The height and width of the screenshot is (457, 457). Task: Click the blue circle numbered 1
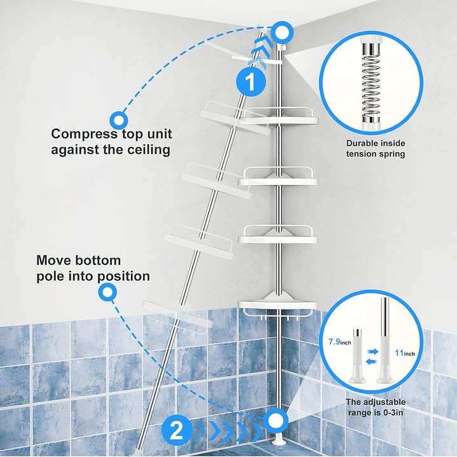point(250,83)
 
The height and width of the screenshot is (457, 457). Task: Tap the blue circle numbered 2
point(177,432)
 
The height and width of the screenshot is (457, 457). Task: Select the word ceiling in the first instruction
point(147,150)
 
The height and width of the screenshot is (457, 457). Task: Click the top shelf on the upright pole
point(280,119)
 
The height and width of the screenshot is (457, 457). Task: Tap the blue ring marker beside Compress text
point(118,119)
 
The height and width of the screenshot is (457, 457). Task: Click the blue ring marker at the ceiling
point(281,31)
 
